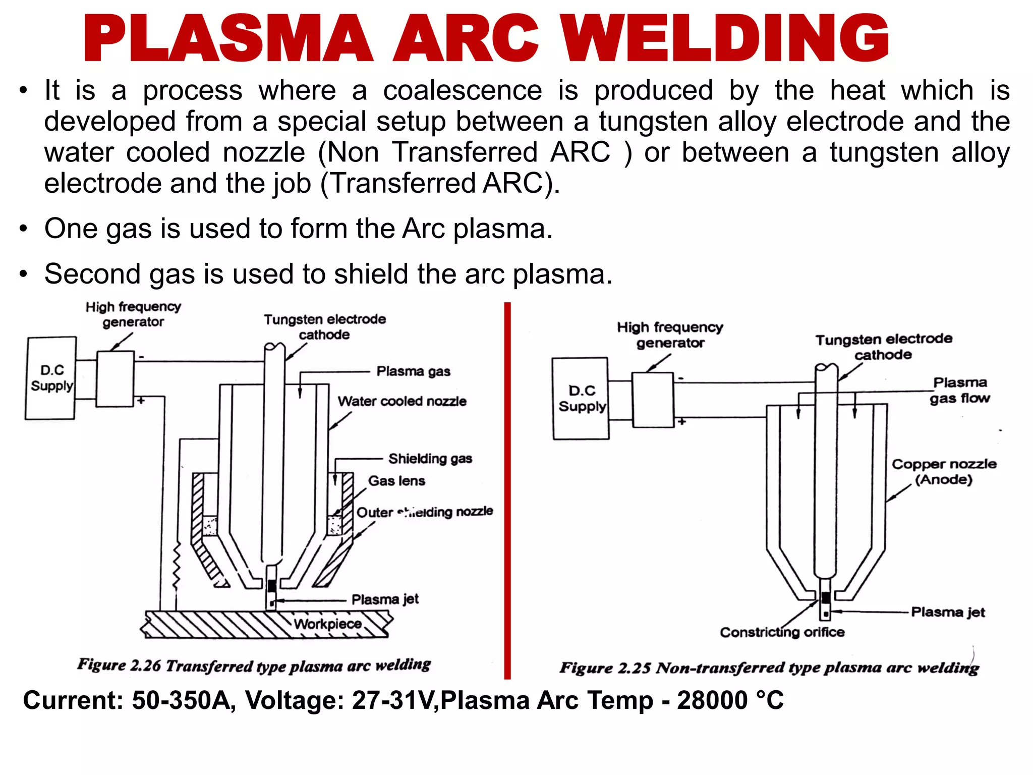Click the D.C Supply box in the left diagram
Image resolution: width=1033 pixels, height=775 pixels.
51,378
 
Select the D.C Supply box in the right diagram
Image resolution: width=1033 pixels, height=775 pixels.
581,399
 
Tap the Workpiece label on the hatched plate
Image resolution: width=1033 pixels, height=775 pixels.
328,624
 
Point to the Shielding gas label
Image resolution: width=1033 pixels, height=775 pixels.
430,459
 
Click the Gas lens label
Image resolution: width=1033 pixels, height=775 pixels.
396,481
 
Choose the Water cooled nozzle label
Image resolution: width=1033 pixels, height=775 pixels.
402,401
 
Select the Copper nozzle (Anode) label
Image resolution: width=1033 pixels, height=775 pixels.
944,472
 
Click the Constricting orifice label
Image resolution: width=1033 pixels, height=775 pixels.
782,632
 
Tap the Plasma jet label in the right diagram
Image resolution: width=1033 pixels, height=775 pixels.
948,612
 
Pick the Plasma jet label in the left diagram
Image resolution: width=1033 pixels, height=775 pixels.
385,599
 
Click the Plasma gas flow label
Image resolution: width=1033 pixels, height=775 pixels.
960,391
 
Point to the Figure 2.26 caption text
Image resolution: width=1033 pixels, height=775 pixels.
254,666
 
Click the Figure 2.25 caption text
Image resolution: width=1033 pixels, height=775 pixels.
769,668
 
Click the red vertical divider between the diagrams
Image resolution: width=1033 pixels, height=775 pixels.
507,489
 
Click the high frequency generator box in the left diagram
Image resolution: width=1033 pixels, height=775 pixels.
115,379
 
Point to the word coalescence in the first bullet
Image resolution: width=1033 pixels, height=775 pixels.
462,91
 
